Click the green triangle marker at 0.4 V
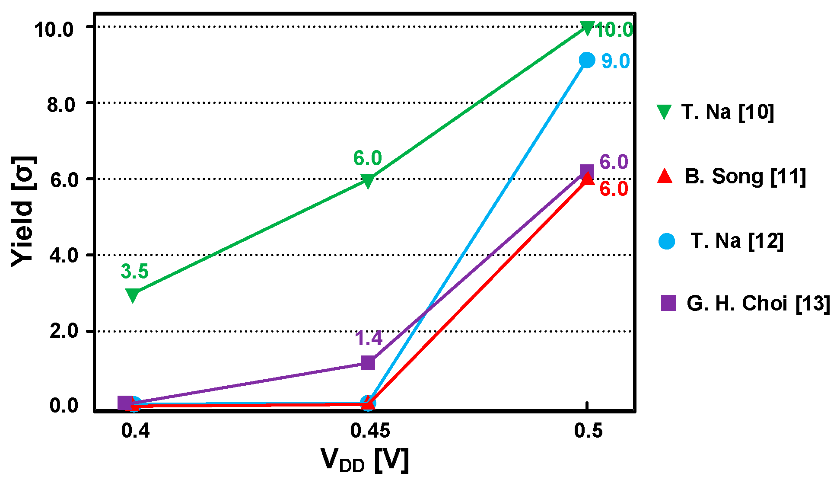(x=133, y=295)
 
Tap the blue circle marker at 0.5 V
(x=586, y=60)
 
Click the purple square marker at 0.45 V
(x=368, y=362)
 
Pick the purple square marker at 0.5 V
(x=586, y=172)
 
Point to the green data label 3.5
(x=134, y=272)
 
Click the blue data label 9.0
(x=615, y=61)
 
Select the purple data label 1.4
(x=369, y=338)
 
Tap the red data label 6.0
(x=614, y=189)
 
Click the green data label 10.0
(x=614, y=30)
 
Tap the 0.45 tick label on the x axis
(x=370, y=431)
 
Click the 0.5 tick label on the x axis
(x=588, y=431)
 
